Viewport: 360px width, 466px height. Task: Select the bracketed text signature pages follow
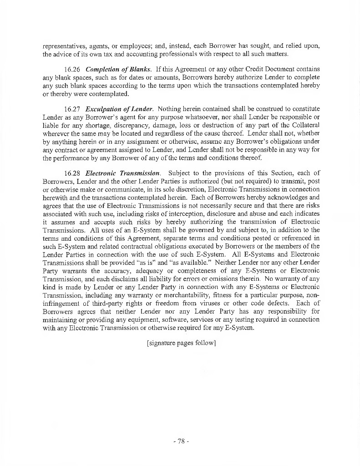(180, 343)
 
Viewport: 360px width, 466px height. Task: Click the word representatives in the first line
(62, 46)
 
